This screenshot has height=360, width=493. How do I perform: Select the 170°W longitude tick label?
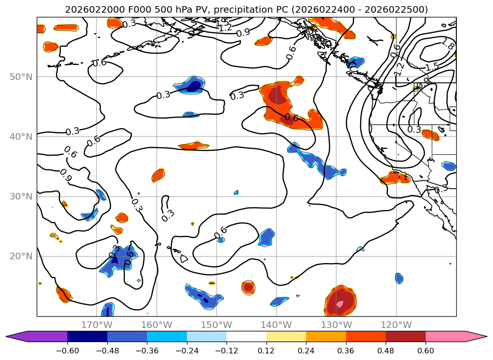click(x=97, y=325)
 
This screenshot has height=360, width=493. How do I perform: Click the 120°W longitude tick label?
click(x=396, y=325)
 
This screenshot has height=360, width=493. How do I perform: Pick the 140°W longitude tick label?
click(x=276, y=325)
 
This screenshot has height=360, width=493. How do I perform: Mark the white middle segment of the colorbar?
click(x=246, y=336)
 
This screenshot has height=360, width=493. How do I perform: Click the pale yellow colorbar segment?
click(x=286, y=336)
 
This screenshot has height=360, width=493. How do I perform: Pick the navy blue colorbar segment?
click(x=87, y=336)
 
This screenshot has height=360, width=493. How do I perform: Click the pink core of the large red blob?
click(x=339, y=304)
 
